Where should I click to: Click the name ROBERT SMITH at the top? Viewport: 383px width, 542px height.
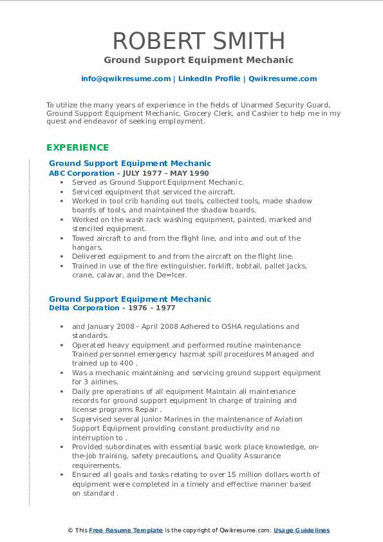tap(199, 41)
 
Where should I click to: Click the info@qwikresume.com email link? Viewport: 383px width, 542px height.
tap(126, 79)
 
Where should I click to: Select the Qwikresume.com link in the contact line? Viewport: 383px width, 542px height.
tap(283, 79)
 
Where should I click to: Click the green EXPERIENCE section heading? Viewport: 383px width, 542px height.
tap(77, 147)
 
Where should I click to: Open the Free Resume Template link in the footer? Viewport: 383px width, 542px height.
tap(126, 530)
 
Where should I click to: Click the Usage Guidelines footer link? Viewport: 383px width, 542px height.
tap(301, 530)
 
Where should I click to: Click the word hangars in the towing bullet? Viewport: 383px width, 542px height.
tap(86, 247)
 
